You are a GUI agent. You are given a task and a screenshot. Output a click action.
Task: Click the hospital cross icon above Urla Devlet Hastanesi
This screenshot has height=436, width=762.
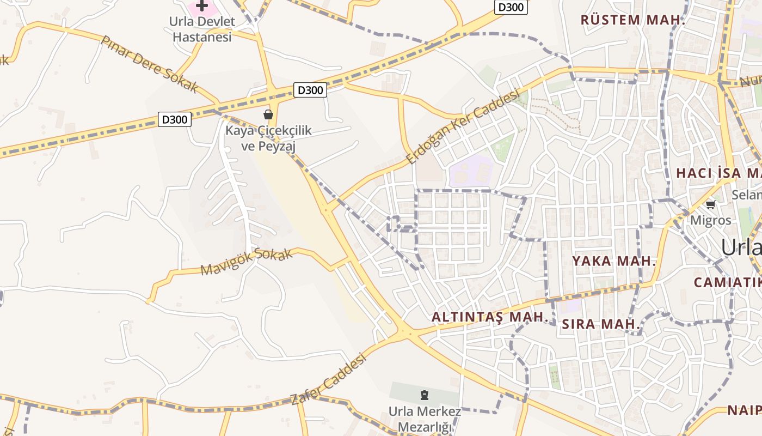(x=202, y=6)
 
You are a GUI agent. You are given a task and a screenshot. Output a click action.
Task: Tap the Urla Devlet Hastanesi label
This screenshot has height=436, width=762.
(x=201, y=29)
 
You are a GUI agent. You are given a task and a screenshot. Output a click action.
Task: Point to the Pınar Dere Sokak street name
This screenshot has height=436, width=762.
(x=150, y=64)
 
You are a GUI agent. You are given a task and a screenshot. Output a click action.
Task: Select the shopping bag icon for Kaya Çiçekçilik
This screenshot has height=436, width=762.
(x=268, y=114)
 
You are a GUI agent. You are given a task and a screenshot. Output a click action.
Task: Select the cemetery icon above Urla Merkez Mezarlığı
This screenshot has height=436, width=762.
(x=425, y=395)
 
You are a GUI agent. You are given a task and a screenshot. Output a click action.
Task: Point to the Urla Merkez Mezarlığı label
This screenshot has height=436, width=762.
(x=425, y=419)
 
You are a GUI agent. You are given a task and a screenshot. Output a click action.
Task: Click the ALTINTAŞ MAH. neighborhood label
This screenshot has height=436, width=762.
(x=489, y=317)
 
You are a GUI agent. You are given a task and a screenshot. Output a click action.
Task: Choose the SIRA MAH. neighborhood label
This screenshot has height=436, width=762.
(x=600, y=324)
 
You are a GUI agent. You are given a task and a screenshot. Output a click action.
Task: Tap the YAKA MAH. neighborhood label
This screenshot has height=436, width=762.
(x=614, y=261)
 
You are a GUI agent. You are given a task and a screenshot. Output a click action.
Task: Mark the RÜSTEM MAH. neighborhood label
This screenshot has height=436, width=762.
(x=632, y=20)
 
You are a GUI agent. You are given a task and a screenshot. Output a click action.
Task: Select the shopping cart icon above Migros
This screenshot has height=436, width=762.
(x=710, y=205)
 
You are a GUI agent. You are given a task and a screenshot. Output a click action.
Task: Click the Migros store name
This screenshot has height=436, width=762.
(x=711, y=221)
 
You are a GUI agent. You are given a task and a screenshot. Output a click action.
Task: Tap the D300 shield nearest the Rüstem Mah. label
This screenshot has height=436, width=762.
(x=511, y=7)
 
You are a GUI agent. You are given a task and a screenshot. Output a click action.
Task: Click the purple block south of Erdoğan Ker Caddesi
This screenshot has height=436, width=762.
(x=470, y=171)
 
